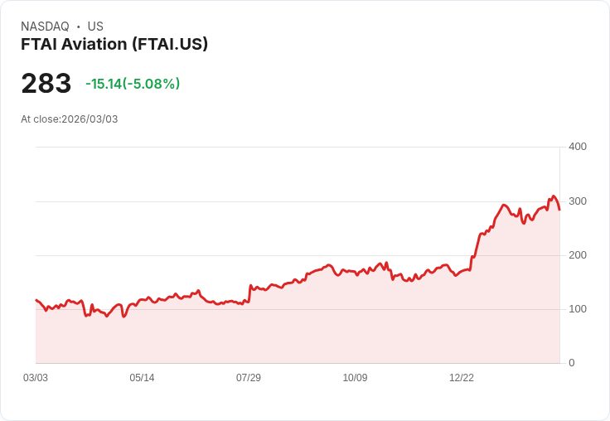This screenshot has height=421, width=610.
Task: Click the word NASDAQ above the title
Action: (45, 27)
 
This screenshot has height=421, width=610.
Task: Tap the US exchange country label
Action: (95, 27)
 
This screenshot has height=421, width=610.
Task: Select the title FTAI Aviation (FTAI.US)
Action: (114, 44)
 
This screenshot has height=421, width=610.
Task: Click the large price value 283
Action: (46, 84)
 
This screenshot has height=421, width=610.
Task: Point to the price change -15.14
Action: (104, 84)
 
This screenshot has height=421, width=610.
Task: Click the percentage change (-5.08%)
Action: (152, 84)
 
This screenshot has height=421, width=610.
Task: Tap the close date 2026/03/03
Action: (90, 119)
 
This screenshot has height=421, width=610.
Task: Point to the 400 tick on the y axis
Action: (577, 147)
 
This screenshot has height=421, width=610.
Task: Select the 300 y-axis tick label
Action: (577, 201)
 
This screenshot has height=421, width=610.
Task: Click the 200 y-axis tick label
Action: (577, 255)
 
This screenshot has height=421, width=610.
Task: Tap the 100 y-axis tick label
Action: (577, 309)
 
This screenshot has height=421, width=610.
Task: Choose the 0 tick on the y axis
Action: (571, 363)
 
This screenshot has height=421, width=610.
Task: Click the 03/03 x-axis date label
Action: (36, 378)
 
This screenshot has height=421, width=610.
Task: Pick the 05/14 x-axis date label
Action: (142, 378)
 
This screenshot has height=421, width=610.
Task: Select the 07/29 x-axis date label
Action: (249, 378)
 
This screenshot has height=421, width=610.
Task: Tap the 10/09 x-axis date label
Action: (355, 378)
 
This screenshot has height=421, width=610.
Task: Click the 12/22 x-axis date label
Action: (462, 378)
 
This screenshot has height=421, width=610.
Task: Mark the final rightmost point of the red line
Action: (559, 210)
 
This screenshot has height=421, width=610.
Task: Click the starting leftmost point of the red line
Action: (36, 300)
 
